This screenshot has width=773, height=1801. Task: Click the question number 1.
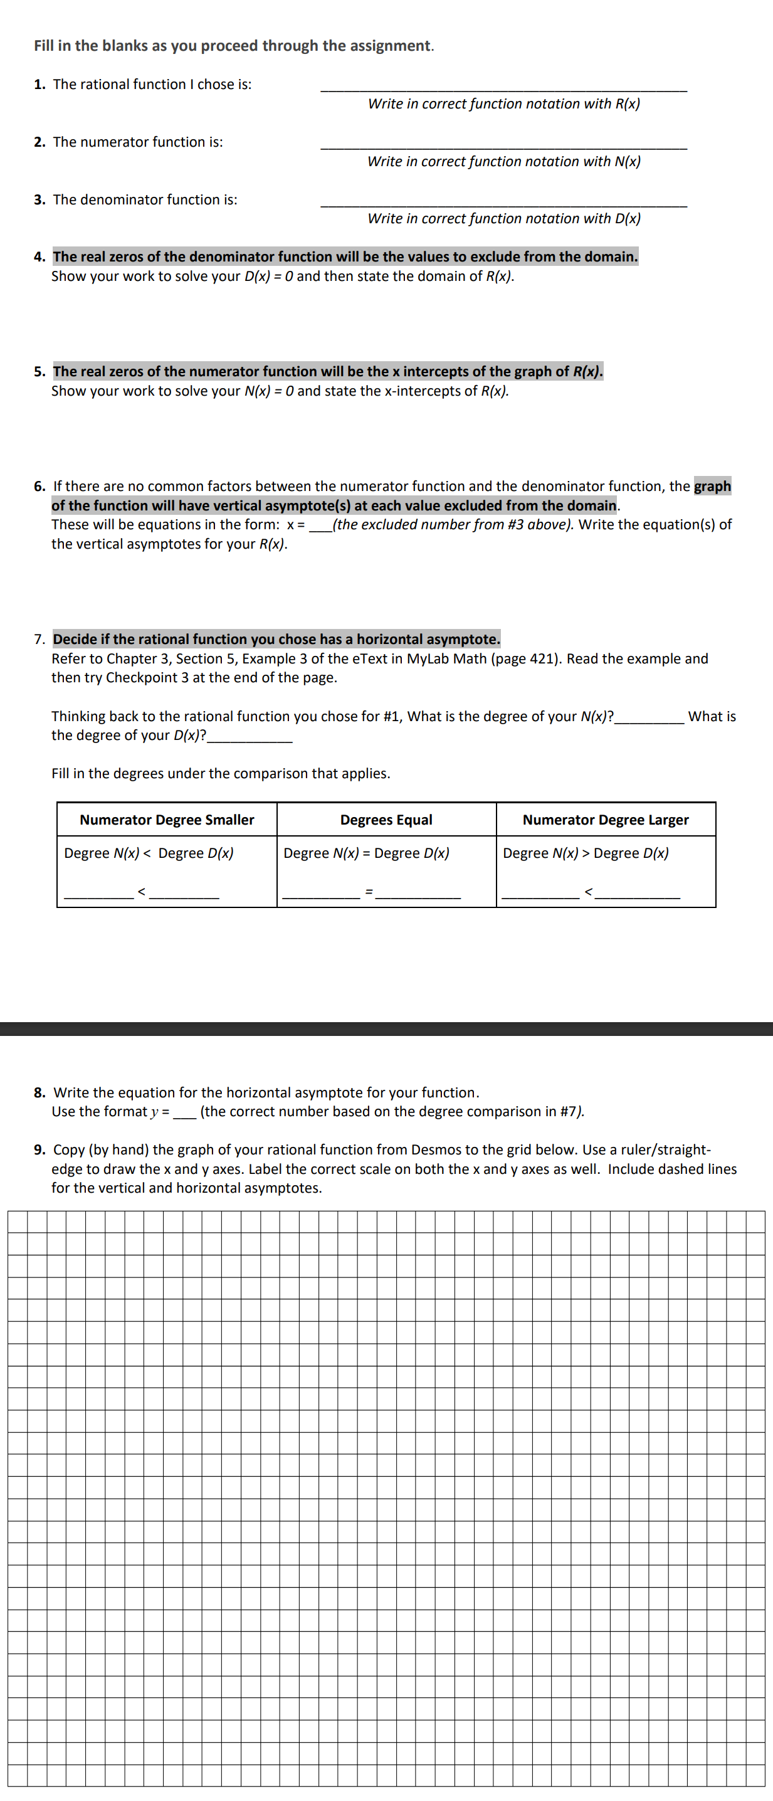coord(39,85)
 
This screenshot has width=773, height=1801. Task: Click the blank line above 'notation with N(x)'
coord(503,148)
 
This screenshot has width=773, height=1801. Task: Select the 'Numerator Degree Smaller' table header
coord(166,820)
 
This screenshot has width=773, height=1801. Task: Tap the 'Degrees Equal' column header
coord(386,820)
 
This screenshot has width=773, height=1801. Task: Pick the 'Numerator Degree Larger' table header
coord(605,820)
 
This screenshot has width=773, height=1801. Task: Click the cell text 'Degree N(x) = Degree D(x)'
coord(366,853)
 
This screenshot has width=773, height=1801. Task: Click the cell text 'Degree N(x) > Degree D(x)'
coord(586,853)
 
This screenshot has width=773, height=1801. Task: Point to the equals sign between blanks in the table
coord(369,893)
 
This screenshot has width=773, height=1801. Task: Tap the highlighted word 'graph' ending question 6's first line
coord(712,487)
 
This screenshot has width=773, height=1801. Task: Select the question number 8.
coord(39,1093)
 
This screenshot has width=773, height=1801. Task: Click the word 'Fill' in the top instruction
coord(43,46)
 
